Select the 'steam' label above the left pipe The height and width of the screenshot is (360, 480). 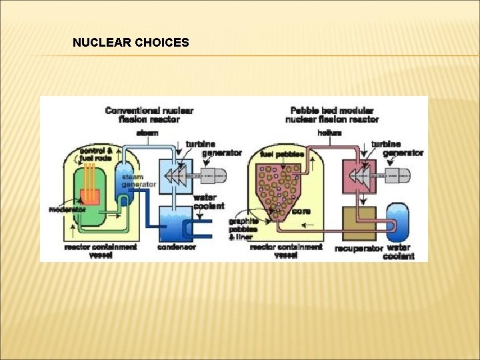pos(147,133)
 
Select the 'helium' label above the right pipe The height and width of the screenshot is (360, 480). pos(330,133)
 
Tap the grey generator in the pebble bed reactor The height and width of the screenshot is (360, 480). pos(397,175)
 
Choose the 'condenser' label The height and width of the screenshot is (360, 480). pos(177,247)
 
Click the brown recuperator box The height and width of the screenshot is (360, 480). pos(359,223)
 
